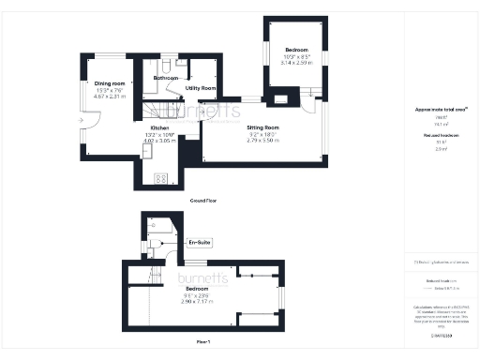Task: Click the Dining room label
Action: (110, 83)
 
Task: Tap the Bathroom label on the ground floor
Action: (166, 78)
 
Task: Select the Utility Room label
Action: (201, 88)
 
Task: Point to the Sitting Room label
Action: (263, 127)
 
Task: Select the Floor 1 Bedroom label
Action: (196, 288)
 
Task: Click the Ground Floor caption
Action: (204, 201)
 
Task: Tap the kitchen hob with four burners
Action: (160, 177)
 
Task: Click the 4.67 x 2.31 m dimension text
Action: (110, 96)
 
